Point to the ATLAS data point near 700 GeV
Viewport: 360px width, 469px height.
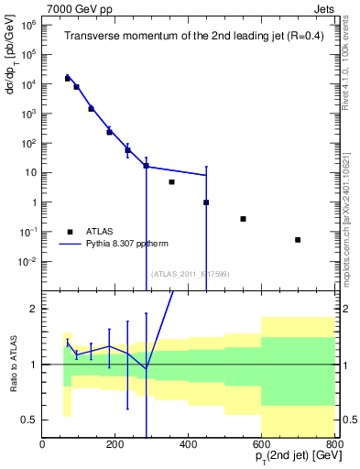pyautogui.click(x=298, y=240)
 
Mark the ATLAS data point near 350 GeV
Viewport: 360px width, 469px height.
pyautogui.click(x=171, y=182)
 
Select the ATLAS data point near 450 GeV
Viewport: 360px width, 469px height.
pyautogui.click(x=206, y=202)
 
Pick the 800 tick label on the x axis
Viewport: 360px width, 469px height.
pyautogui.click(x=333, y=444)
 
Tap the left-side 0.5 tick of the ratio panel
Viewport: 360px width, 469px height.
pyautogui.click(x=29, y=420)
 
